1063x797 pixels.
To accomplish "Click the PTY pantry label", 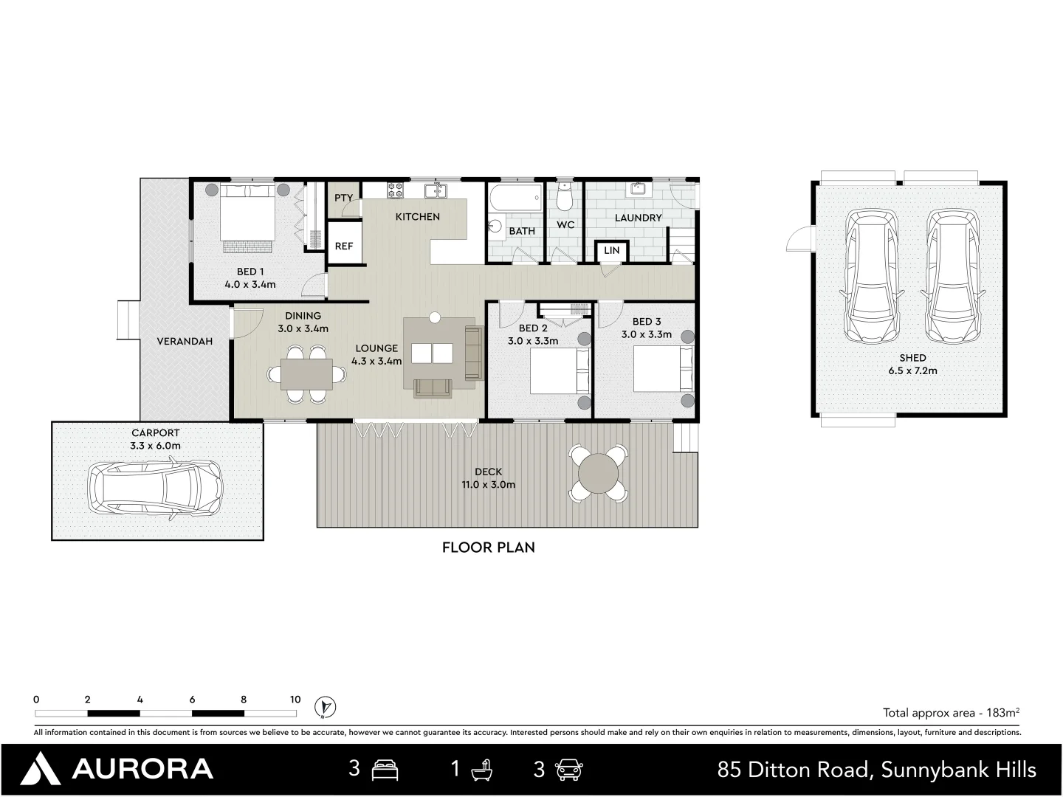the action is pos(343,198).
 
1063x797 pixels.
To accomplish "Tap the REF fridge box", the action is pos(344,243).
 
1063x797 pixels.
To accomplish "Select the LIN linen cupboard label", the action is pos(612,251).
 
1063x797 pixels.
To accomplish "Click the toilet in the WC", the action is pos(565,196).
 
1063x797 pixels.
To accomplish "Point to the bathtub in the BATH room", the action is pos(515,199).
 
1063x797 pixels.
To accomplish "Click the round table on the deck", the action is pos(599,473).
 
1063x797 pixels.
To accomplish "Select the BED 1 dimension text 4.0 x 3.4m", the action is pos(250,285).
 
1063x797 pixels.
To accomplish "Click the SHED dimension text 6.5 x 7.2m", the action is pos(913,371).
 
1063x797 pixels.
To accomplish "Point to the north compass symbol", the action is pos(325,707).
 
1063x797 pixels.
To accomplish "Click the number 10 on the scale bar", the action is pos(295,700).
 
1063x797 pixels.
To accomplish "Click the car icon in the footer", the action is pos(568,770).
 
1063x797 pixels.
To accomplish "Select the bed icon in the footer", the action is pos(385,770).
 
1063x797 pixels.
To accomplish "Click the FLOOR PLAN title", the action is pos(489,548).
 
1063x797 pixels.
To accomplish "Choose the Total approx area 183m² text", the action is pos(951,713).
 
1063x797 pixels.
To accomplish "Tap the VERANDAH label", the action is pos(185,342).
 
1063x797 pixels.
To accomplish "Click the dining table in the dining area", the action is pos(306,374).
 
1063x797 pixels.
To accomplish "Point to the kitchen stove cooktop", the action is pos(395,190).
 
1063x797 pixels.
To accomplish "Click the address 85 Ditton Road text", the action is pos(797,770).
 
